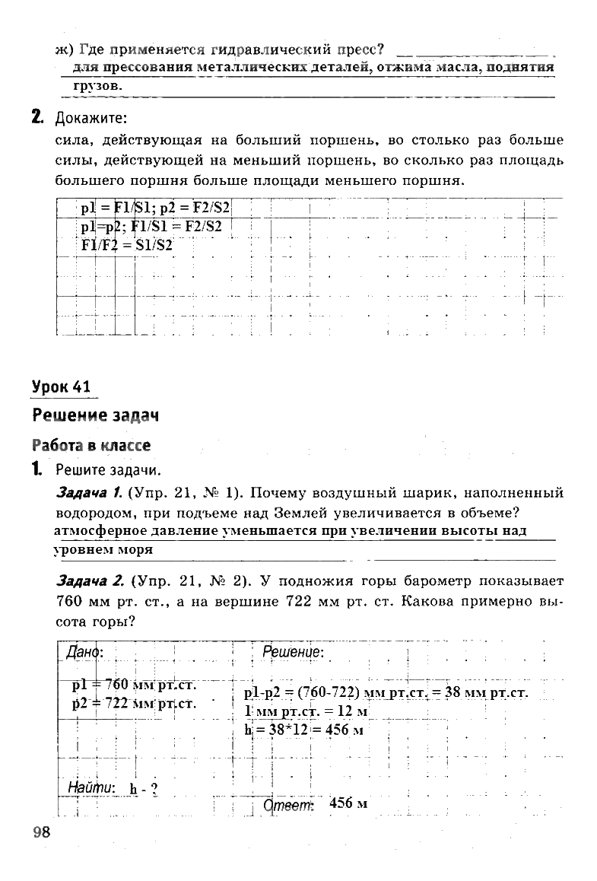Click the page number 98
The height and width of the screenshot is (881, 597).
click(41, 831)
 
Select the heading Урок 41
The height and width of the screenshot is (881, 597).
click(61, 386)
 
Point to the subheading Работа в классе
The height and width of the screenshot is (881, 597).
click(91, 445)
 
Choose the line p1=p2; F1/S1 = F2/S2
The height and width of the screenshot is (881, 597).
click(151, 227)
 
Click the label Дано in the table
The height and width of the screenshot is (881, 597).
click(84, 652)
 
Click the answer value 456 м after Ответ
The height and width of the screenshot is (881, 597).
click(348, 803)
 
